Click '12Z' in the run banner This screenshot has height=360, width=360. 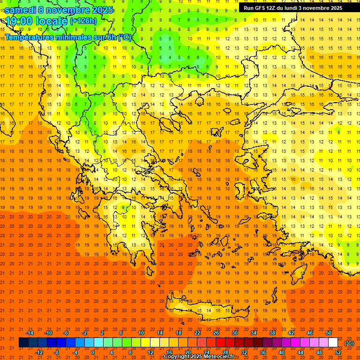coord(274,8)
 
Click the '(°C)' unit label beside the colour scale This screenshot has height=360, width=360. coord(349,343)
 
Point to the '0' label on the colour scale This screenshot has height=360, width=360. coord(92,352)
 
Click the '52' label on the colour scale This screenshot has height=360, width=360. coord(338,352)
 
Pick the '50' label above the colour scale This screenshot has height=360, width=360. coord(328,333)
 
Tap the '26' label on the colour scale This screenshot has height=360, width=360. coord(216,333)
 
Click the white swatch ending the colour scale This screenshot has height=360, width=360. coord(333,343)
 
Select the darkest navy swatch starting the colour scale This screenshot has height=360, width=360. coord(23,343)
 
